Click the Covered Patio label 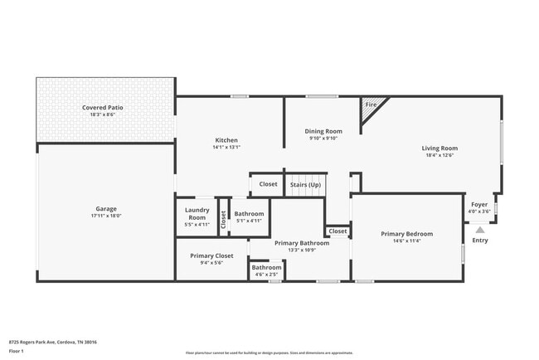pos(104,108)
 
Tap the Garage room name pos(104,208)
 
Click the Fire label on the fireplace pos(371,105)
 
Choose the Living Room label pos(440,148)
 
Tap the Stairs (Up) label pos(304,184)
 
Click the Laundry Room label pos(197,213)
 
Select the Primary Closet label pos(211,255)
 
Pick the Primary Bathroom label pos(302,243)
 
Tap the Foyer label pos(479,204)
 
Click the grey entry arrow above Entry pos(480,231)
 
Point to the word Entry pos(480,241)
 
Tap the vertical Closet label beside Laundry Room pos(223,217)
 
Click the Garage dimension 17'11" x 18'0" pos(104,216)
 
